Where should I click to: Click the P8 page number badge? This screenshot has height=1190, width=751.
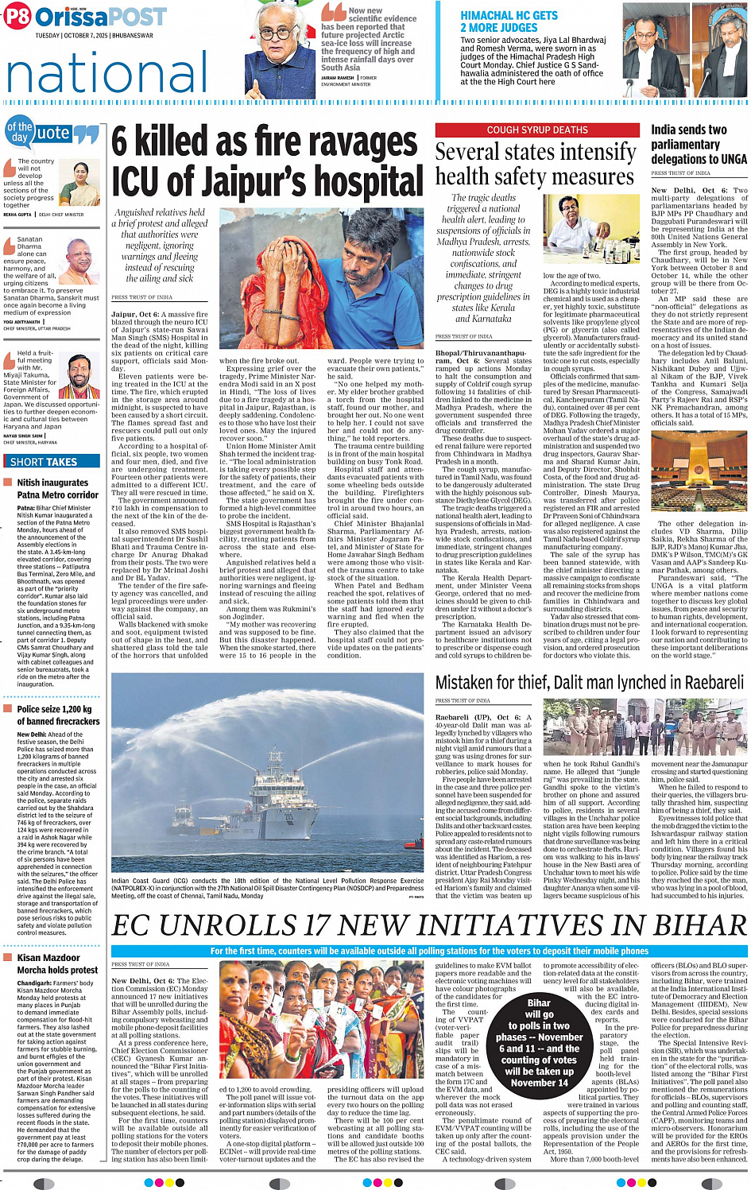tap(17, 16)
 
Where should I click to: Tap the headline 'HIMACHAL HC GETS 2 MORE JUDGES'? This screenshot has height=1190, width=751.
tap(509, 21)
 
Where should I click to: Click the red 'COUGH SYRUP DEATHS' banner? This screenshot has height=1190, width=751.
tap(537, 130)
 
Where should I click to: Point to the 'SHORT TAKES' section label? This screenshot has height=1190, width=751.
tap(44, 461)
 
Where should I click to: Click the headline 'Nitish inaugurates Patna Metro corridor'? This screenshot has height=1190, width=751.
tap(52, 488)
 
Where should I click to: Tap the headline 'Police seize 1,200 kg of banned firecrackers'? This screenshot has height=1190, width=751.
tap(58, 715)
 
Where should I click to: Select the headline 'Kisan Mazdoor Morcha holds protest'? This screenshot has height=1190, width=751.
tap(57, 963)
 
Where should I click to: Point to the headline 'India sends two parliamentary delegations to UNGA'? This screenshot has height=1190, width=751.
tap(698, 145)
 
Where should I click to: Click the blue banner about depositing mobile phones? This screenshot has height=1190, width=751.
tap(429, 951)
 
